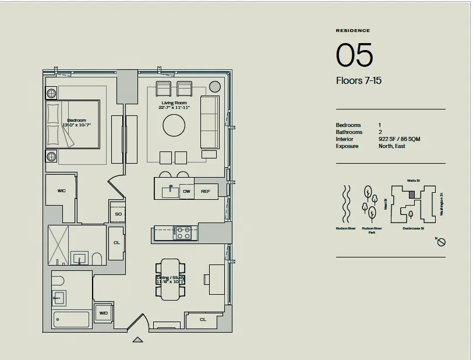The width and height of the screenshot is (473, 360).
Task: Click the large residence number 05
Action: [354, 55]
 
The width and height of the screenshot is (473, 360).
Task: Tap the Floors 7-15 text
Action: [359, 80]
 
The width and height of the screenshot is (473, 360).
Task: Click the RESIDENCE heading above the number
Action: [352, 30]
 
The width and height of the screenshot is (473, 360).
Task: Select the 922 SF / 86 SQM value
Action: [399, 139]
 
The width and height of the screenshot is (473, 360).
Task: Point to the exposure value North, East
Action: [391, 146]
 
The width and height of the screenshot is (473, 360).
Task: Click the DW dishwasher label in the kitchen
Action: [186, 191]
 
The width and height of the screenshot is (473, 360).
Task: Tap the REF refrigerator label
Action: [206, 191]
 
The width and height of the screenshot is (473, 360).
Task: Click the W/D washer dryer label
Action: [103, 313]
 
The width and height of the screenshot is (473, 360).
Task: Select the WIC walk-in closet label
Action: [61, 190]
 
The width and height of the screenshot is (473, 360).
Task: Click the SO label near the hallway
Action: [118, 214]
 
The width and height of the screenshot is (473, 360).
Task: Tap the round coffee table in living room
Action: [174, 125]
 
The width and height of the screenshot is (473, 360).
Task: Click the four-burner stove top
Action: [183, 233]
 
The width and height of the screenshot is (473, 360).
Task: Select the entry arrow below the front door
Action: [137, 339]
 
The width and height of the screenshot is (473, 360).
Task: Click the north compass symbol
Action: [442, 242]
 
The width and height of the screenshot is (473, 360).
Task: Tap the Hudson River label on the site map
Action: [345, 229]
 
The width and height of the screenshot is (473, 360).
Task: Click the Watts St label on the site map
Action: [414, 181]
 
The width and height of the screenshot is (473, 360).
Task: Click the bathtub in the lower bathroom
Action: [71, 319]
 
